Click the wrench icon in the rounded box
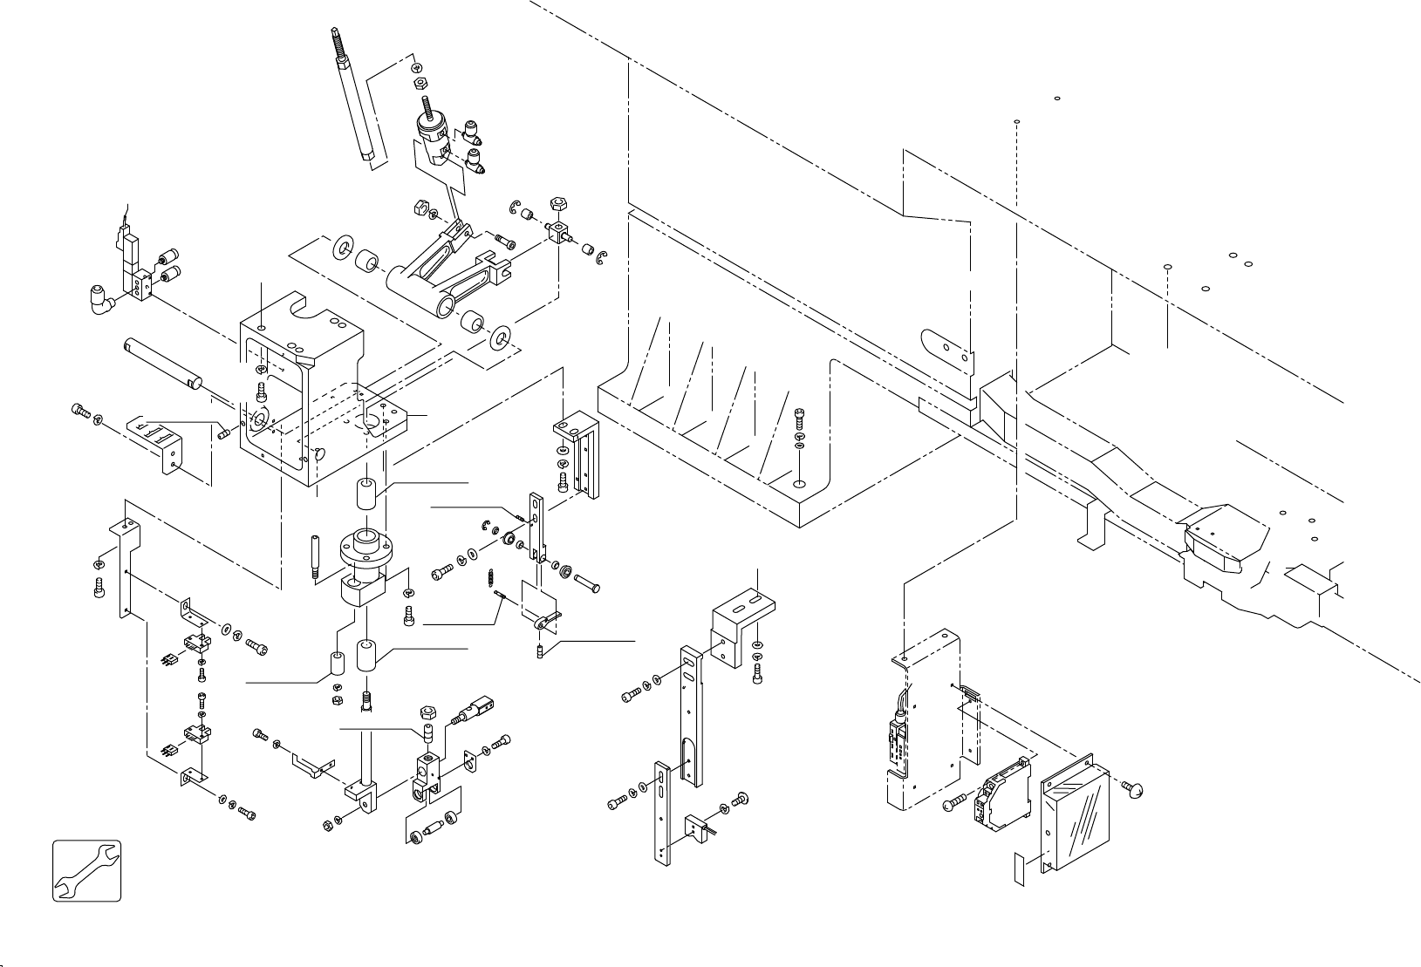point(86,870)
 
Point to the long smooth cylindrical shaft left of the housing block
point(163,360)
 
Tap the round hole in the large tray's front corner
point(798,481)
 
